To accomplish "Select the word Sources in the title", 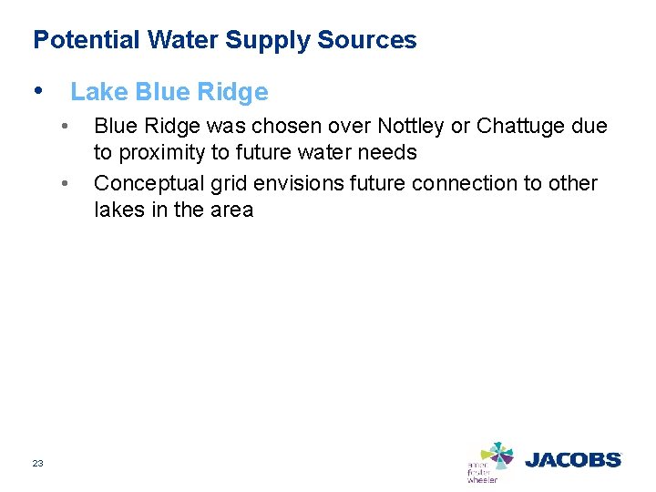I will [x=367, y=40].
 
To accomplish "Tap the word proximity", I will [x=162, y=152].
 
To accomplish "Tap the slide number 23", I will [x=37, y=464].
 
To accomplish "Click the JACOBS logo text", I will [x=572, y=460].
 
